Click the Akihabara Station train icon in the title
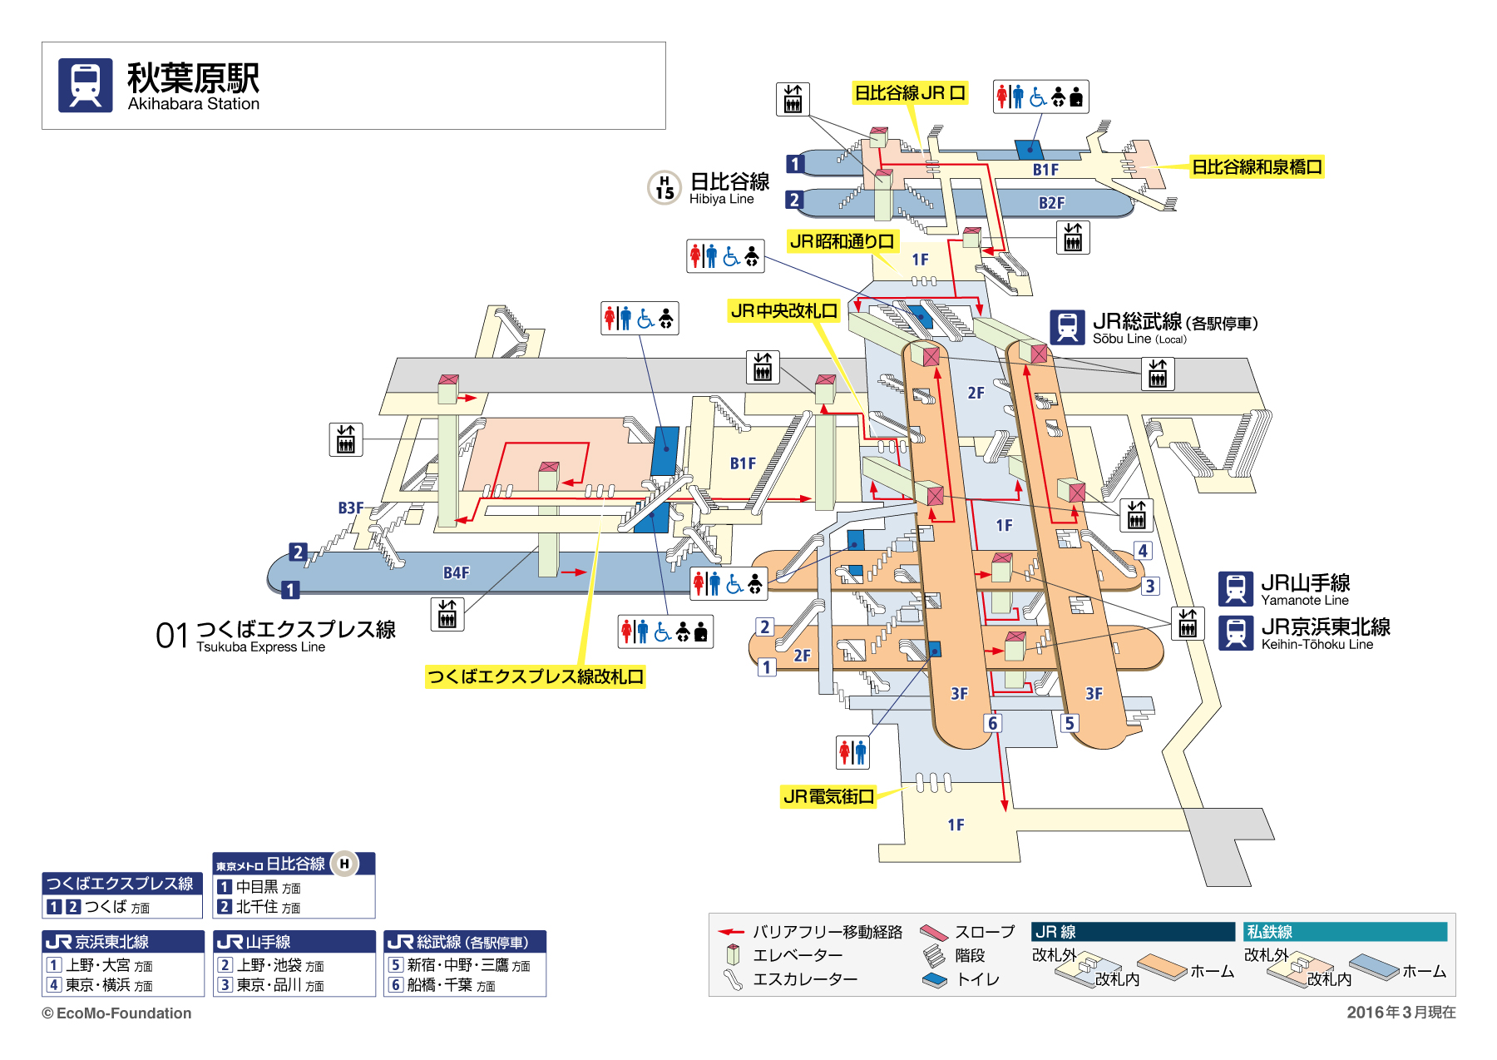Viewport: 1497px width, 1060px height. pyautogui.click(x=86, y=85)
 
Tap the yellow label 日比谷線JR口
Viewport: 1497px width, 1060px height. pyautogui.click(x=910, y=92)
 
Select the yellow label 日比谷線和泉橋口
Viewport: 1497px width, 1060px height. pyautogui.click(x=1257, y=166)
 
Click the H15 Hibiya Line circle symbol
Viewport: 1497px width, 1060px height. pyautogui.click(x=665, y=187)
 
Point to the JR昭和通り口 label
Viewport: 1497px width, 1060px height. pyautogui.click(x=842, y=241)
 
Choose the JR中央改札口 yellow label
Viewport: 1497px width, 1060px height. pyautogui.click(x=783, y=311)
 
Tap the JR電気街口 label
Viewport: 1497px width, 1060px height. pyautogui.click(x=828, y=796)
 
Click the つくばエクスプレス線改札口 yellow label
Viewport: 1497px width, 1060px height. pyautogui.click(x=536, y=676)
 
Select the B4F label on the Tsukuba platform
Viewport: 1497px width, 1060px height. pyautogui.click(x=457, y=572)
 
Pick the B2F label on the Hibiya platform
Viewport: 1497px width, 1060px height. pyautogui.click(x=1051, y=203)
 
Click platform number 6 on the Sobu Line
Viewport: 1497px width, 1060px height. pyautogui.click(x=992, y=723)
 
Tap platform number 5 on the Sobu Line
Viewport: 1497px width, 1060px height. pyautogui.click(x=1070, y=723)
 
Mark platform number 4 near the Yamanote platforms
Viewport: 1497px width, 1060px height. pyautogui.click(x=1144, y=551)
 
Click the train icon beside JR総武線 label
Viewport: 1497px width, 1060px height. pyautogui.click(x=1067, y=327)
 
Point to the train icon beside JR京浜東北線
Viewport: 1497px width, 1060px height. pyautogui.click(x=1236, y=633)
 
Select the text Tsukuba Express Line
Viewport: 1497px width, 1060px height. pyautogui.click(x=260, y=647)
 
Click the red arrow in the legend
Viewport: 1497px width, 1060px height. pyautogui.click(x=731, y=932)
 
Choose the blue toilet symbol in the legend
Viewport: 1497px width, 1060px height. pyautogui.click(x=935, y=980)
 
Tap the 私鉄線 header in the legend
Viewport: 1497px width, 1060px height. pyautogui.click(x=1269, y=932)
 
